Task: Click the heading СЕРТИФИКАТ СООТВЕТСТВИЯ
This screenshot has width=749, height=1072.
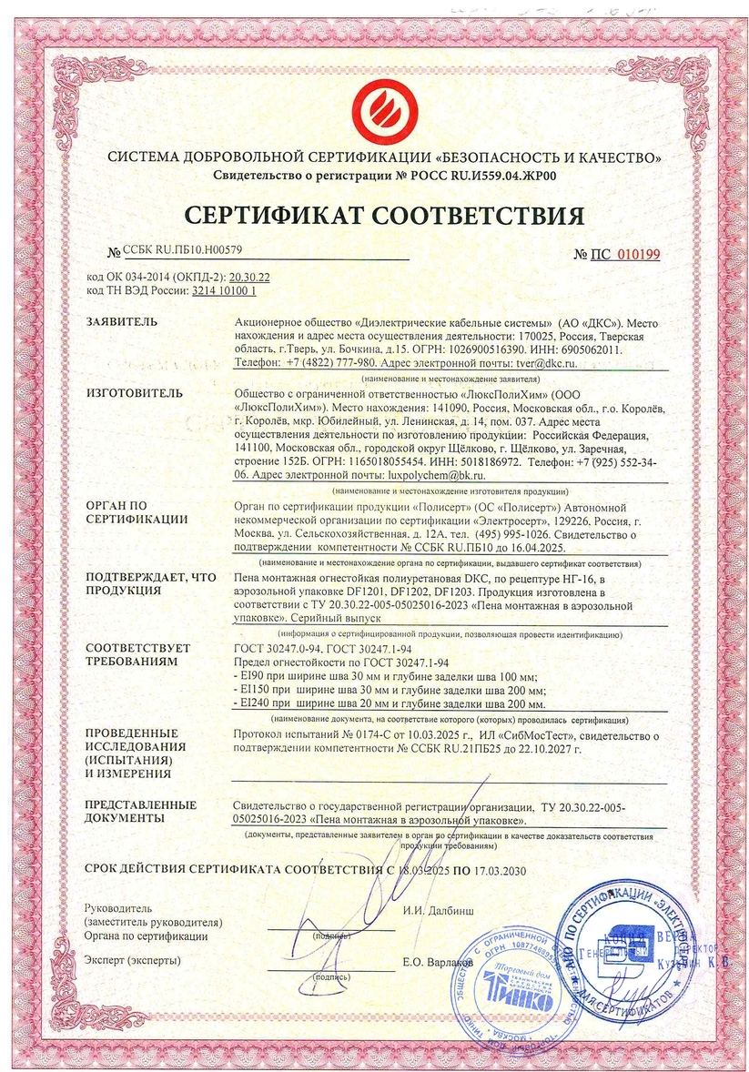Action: [383, 216]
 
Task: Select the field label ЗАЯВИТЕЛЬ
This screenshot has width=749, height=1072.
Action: [121, 323]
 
